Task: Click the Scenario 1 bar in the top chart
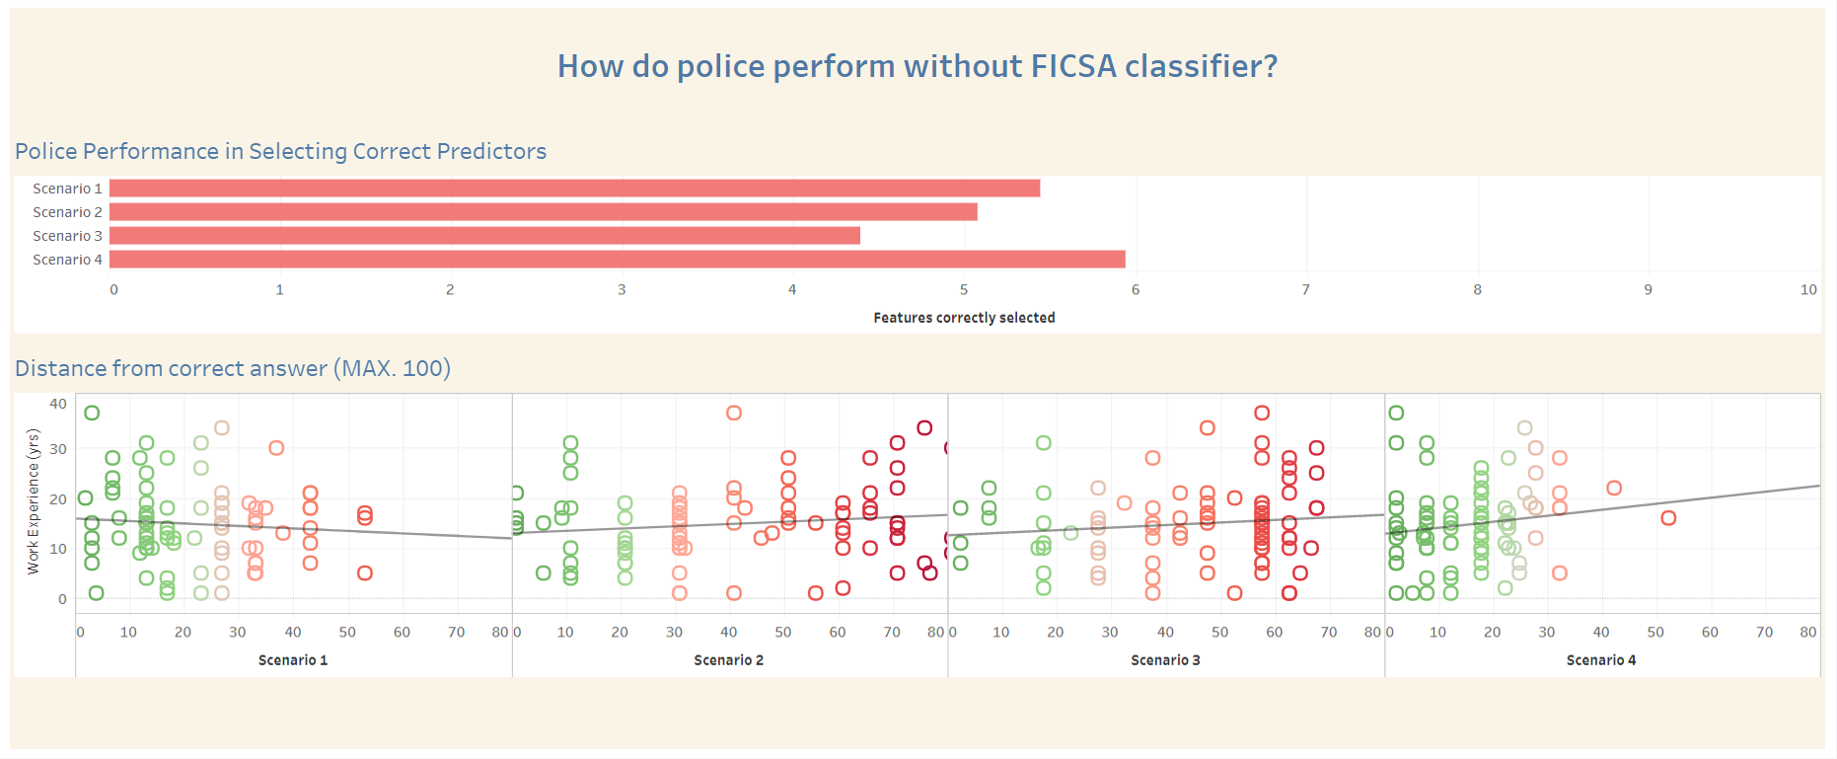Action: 574,189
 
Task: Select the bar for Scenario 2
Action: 544,212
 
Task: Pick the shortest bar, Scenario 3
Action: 484,236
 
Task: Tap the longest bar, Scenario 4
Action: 618,260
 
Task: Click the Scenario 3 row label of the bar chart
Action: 67,236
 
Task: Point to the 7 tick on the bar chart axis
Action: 1306,289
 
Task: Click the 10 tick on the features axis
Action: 1808,289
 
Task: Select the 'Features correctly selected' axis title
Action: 964,318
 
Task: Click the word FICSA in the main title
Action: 1073,66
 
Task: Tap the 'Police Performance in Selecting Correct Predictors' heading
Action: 280,151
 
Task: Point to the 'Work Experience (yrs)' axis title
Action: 33,501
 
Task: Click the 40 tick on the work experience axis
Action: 58,404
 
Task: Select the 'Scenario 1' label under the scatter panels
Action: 293,660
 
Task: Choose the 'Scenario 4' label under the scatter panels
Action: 1601,660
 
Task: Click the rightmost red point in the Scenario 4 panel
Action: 1668,518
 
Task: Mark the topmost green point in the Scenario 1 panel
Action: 92,413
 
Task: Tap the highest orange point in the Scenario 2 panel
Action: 733,413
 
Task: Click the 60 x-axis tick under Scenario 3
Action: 1275,632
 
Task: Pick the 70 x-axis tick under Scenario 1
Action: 456,632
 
